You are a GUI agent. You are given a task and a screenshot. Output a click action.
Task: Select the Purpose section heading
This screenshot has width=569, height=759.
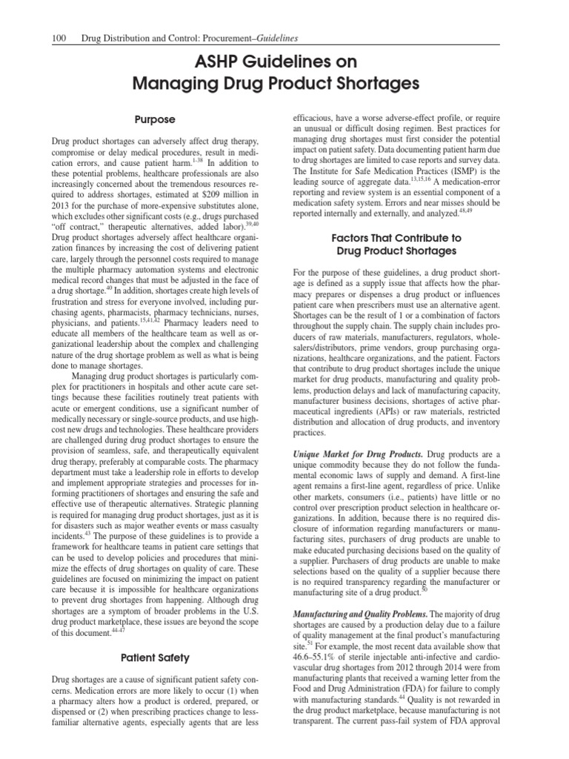pos(154,119)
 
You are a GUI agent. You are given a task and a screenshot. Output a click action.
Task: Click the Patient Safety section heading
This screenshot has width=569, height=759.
pos(154,657)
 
